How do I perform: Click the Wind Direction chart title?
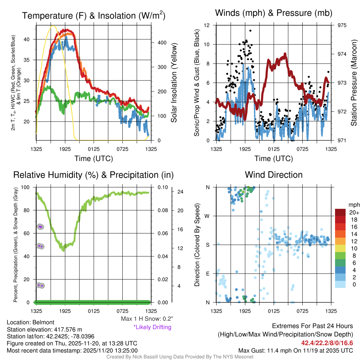[274, 175]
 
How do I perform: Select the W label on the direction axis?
[208, 216]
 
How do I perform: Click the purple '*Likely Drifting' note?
[152, 327]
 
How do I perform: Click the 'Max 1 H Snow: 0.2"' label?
[147, 319]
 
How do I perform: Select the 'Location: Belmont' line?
[31, 322]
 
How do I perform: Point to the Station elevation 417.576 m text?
[44, 329]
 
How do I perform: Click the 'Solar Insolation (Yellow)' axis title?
[174, 83]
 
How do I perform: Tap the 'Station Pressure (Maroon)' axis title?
[354, 83]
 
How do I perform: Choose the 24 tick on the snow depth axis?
[181, 192]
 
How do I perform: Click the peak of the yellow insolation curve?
[53, 25]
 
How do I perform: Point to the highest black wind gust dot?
[250, 31]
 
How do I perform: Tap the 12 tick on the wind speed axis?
[207, 25]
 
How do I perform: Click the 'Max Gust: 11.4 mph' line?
[296, 350]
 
